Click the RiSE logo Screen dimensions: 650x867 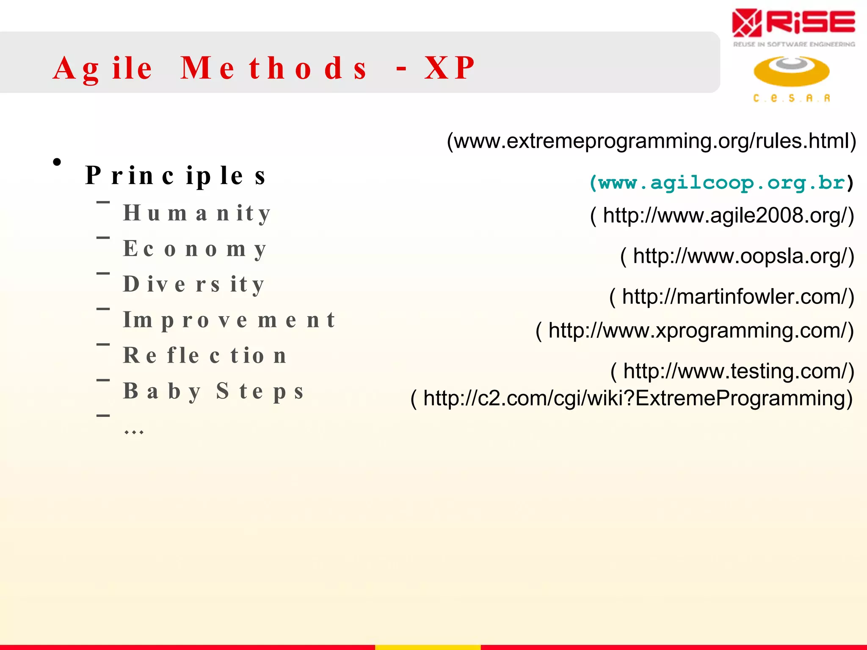click(x=793, y=26)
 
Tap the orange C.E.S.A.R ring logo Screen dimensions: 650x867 click(x=791, y=72)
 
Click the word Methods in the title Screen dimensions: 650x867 click(x=273, y=68)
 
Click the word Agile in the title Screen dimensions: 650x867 click(x=102, y=68)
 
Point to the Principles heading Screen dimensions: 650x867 click(x=175, y=176)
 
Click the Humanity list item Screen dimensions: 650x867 click(x=196, y=213)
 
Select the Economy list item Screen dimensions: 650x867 click(x=195, y=249)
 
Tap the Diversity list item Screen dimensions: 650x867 click(x=194, y=284)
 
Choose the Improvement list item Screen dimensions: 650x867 click(x=229, y=320)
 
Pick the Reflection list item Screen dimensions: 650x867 click(x=205, y=355)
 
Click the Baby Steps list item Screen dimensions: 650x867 click(x=213, y=391)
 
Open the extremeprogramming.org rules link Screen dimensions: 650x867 click(x=652, y=141)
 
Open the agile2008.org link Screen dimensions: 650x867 click(x=722, y=215)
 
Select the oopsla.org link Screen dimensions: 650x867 click(x=737, y=256)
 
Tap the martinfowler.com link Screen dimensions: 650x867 click(x=732, y=297)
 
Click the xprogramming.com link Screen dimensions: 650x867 click(x=695, y=331)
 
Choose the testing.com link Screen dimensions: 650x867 click(x=732, y=371)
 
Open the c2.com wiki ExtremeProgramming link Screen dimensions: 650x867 click(x=632, y=399)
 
